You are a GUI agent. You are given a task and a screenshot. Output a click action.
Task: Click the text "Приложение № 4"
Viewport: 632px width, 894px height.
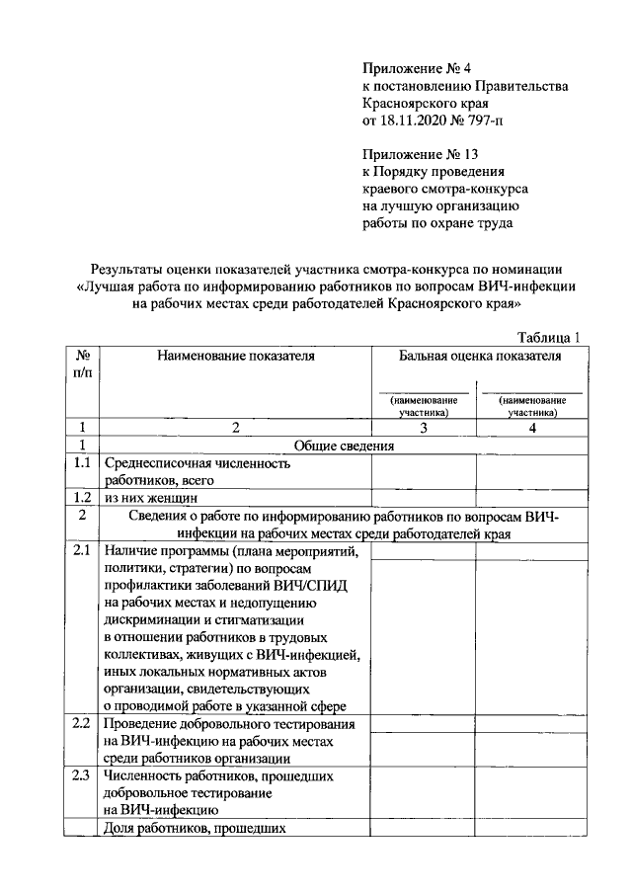412,69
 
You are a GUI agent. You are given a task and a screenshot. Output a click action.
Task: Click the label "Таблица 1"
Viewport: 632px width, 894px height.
546,338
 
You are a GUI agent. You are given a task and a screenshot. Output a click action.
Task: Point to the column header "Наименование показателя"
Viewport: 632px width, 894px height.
235,356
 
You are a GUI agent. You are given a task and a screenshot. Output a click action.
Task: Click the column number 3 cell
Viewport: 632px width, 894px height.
423,428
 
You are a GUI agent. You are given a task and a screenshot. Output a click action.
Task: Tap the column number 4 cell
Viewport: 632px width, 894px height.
530,428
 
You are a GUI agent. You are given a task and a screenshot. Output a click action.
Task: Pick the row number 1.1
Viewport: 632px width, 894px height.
82,462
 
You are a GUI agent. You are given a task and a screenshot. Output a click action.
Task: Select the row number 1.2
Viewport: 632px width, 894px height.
82,497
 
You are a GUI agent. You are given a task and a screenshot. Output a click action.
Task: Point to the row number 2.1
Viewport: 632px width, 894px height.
82,551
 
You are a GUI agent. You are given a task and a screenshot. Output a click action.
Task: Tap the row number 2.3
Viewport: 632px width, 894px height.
82,775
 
